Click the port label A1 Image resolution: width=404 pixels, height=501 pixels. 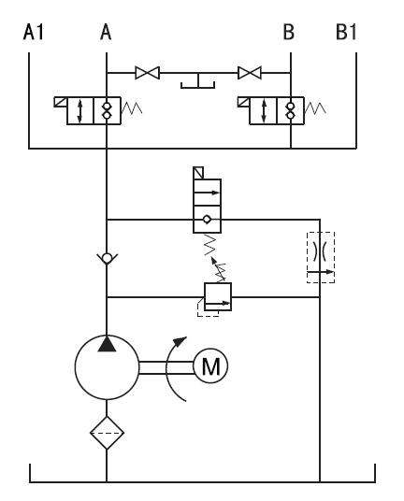(x=34, y=33)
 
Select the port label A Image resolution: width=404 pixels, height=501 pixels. (x=106, y=33)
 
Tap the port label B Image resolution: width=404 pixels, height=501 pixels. (x=289, y=33)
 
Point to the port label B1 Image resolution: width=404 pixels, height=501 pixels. (x=346, y=33)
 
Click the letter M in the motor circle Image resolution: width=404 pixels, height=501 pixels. (x=211, y=366)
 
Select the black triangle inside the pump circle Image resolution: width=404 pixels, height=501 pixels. (x=107, y=344)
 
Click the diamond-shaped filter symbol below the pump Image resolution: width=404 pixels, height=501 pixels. (x=107, y=433)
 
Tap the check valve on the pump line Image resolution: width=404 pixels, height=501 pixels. (x=107, y=258)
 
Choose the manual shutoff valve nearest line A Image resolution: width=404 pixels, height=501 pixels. (x=148, y=73)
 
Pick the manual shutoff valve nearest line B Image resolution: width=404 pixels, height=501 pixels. (x=250, y=73)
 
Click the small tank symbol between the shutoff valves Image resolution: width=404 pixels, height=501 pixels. (x=198, y=81)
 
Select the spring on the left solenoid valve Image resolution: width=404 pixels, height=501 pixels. (x=132, y=108)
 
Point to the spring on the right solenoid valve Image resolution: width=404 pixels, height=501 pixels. (x=315, y=108)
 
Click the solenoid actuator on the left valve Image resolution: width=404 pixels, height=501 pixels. (x=60, y=102)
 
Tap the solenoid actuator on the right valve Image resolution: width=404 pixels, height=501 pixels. (x=243, y=102)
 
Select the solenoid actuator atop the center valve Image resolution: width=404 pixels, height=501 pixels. (x=198, y=173)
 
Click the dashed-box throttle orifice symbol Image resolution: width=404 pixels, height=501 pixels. (x=321, y=258)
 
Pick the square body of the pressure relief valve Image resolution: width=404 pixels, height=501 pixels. (x=218, y=296)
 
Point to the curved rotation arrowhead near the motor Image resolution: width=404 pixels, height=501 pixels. (x=180, y=341)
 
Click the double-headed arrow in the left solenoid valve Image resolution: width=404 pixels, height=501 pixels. (x=79, y=111)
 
